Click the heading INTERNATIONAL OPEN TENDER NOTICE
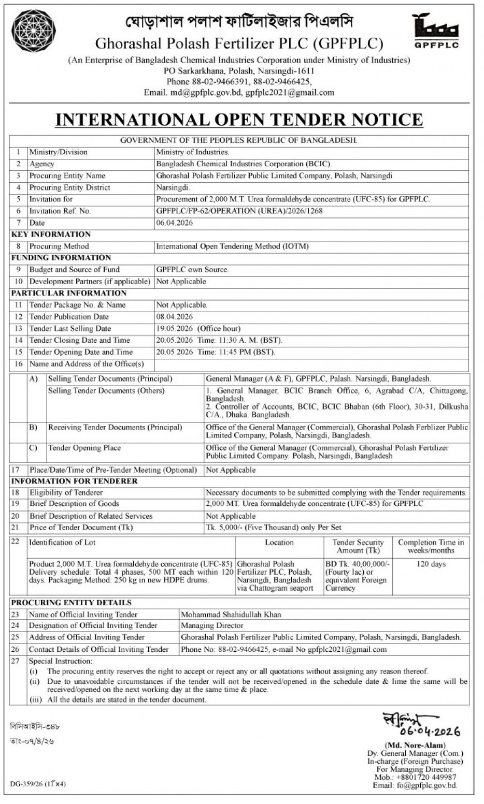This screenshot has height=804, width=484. (239, 120)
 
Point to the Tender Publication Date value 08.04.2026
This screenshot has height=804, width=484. (174, 316)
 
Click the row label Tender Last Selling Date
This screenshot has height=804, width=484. (70, 328)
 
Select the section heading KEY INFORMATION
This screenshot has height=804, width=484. (51, 234)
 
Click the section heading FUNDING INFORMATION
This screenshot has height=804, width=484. (61, 257)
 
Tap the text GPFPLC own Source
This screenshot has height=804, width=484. (192, 269)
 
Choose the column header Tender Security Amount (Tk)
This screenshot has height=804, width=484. (358, 546)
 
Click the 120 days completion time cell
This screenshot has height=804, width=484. (431, 564)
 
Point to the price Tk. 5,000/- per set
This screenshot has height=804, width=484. (273, 528)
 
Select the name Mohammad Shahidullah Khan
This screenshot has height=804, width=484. (231, 615)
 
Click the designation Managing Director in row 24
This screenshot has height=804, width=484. (212, 626)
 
